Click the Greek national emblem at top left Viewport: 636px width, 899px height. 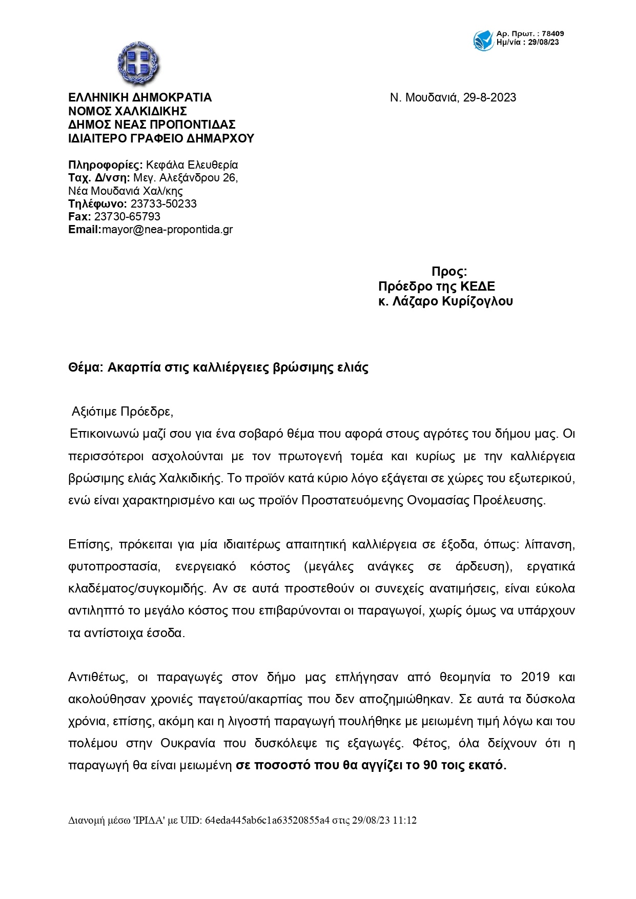coord(138,64)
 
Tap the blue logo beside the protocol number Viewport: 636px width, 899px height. coord(483,40)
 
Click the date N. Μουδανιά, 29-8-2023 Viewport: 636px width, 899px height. coord(453,98)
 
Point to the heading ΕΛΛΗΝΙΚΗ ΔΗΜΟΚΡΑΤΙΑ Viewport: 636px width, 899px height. coord(140,98)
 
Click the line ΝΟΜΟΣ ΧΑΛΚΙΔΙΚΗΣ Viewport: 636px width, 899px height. coord(128,111)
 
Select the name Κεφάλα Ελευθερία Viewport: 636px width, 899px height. coord(192,165)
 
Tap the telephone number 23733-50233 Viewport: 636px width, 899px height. coord(163,203)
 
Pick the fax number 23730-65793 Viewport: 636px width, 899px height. coord(127,217)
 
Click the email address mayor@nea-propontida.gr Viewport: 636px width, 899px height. coord(167,230)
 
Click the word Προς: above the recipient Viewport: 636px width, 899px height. coord(449,272)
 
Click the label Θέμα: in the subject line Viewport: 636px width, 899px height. coord(86,367)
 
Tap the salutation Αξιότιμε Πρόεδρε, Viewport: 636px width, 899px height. coord(122,412)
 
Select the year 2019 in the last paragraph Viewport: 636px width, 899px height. coord(535,677)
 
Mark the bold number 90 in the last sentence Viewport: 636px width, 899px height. coord(430,765)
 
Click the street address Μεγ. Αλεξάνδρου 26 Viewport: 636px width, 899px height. coord(186,178)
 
